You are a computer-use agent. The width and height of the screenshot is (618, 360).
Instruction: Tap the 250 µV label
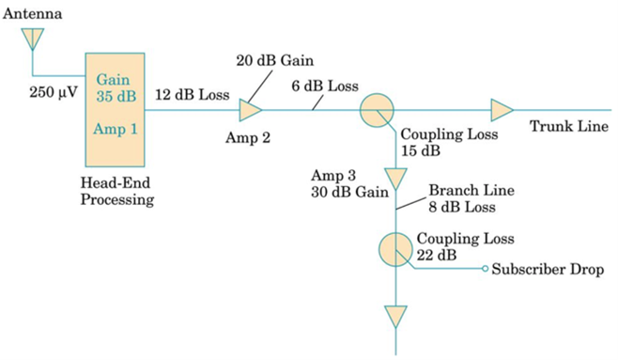(x=54, y=93)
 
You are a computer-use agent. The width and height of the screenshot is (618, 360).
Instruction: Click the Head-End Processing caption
(x=117, y=192)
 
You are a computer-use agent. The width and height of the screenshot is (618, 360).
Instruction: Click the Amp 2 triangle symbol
(x=250, y=110)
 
